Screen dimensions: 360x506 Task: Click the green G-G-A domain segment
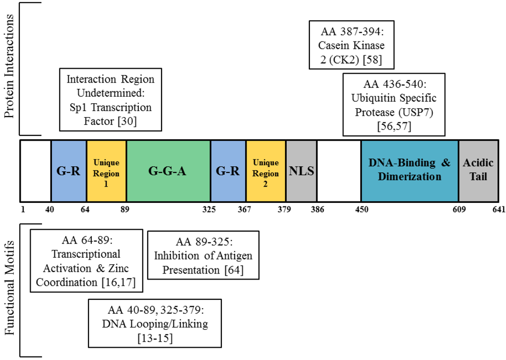pos(168,171)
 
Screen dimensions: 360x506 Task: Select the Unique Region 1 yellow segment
pos(106,171)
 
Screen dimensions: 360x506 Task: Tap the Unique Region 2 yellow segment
pos(266,171)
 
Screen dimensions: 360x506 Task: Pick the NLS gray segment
pos(301,171)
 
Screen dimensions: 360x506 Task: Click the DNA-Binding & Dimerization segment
pos(410,171)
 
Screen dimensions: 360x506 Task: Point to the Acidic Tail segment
pos(478,171)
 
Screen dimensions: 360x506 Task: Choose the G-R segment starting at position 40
pos(69,171)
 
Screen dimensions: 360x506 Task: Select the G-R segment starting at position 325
pos(228,171)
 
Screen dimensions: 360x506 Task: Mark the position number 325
pos(209,209)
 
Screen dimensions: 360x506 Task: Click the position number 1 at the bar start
pos(23,209)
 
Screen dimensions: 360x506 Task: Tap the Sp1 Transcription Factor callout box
pos(110,100)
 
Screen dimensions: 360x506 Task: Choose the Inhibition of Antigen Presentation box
pos(203,256)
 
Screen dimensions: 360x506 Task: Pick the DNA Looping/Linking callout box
pos(155,323)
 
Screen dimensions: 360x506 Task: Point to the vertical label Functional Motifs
pos(9,289)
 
